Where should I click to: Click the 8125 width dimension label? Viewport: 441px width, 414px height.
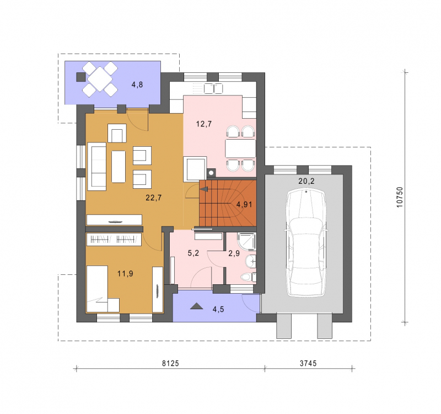click(170, 363)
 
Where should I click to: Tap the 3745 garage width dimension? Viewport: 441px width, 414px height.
click(308, 363)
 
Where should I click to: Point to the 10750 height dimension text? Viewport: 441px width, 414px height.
click(400, 197)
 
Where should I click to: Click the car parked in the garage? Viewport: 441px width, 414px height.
click(306, 243)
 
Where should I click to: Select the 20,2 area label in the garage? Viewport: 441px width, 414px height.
click(306, 181)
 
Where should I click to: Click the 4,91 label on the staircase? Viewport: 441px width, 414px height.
click(244, 204)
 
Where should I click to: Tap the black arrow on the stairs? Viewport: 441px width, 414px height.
click(204, 189)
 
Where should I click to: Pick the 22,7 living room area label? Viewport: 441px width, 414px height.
click(154, 198)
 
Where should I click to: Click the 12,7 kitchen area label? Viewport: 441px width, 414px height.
click(204, 124)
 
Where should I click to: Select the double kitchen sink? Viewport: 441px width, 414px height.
click(213, 88)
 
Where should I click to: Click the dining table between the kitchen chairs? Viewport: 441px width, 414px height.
click(240, 148)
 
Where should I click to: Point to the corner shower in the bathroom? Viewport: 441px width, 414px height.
click(246, 241)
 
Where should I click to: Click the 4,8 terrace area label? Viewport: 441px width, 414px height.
click(137, 84)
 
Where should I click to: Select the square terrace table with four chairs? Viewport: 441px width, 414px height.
click(100, 79)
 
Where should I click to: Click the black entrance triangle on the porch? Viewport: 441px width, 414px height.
click(196, 306)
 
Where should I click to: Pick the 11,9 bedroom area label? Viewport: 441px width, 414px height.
click(126, 273)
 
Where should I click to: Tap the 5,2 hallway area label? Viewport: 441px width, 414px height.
click(193, 253)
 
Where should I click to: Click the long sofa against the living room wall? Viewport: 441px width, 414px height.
click(97, 166)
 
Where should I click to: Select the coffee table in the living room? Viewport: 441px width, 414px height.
click(119, 167)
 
